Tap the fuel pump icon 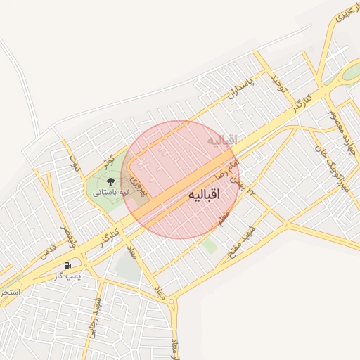pyautogui.click(x=67, y=265)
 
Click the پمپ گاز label pyautogui.click(x=69, y=276)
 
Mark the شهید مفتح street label pyautogui.click(x=248, y=241)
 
